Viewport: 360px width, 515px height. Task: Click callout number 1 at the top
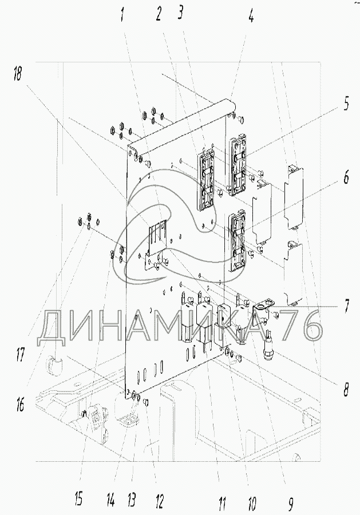123,15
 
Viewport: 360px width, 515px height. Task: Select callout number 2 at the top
159,14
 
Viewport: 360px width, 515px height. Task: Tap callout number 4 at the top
251,14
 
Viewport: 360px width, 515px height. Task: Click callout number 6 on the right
346,178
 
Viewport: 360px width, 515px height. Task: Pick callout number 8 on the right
345,389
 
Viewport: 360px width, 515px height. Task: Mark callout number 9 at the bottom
290,503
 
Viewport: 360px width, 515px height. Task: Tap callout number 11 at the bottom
222,502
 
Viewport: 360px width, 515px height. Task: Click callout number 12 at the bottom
160,501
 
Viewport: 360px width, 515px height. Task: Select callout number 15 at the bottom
79,498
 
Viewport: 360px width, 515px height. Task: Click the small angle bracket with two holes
264,307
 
